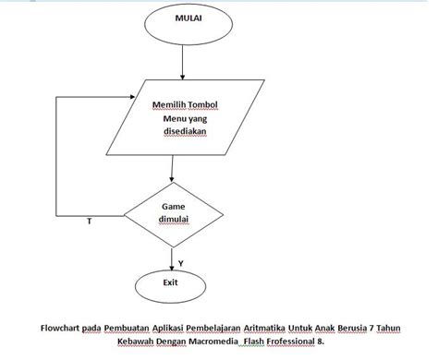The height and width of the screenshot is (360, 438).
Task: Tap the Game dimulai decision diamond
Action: (173, 213)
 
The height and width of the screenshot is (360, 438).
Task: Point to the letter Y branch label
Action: (180, 264)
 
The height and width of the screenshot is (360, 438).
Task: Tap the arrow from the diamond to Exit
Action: (172, 256)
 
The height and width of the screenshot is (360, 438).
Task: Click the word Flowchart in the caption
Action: (61, 326)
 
